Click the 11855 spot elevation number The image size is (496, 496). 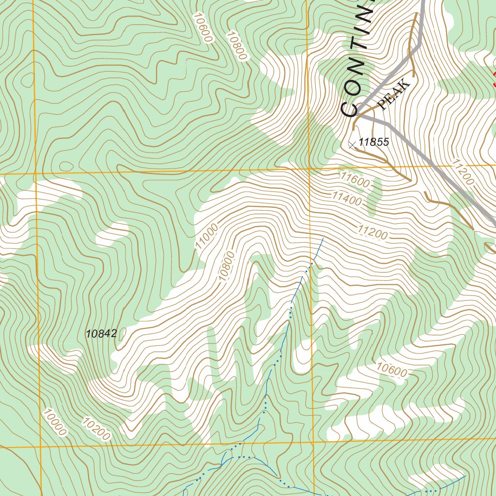coord(374,142)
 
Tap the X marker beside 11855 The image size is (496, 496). coord(352,144)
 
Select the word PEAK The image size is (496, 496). coord(394,95)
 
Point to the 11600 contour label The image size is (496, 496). coord(355,180)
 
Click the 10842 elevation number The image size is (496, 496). coord(101,334)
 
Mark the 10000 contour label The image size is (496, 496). coord(54,422)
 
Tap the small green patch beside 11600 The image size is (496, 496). coord(374,196)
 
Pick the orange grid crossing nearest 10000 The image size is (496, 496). coord(40,447)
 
